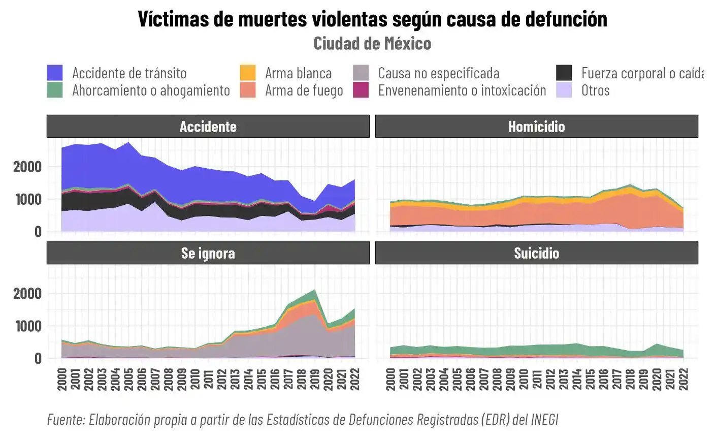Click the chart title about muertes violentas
click(372, 19)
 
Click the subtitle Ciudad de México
click(372, 43)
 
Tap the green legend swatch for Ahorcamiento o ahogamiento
click(55, 90)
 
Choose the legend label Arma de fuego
click(304, 90)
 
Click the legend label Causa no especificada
click(438, 73)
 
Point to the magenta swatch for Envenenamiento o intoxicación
click(361, 90)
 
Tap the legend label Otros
click(595, 90)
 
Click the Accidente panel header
click(208, 127)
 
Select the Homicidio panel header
click(536, 127)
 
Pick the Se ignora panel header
click(208, 253)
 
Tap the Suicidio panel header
click(536, 253)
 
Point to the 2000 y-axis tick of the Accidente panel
click(27, 167)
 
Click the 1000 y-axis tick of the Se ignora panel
click(27, 326)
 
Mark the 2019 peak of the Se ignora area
click(315, 290)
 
